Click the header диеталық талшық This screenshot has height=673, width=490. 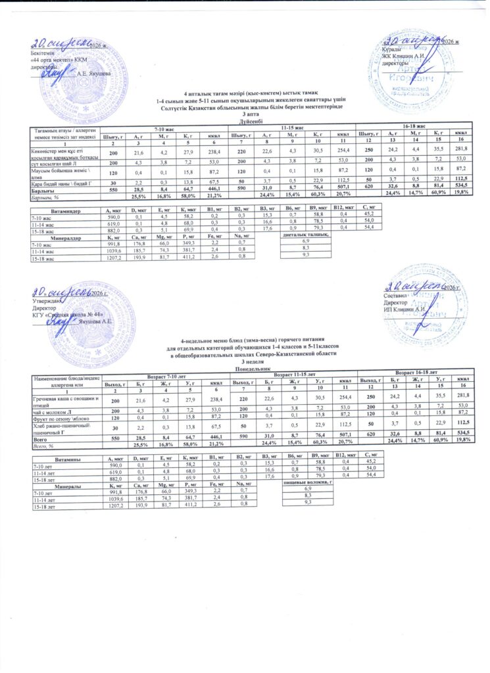coord(304,233)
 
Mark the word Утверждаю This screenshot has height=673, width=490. coord(46,301)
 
